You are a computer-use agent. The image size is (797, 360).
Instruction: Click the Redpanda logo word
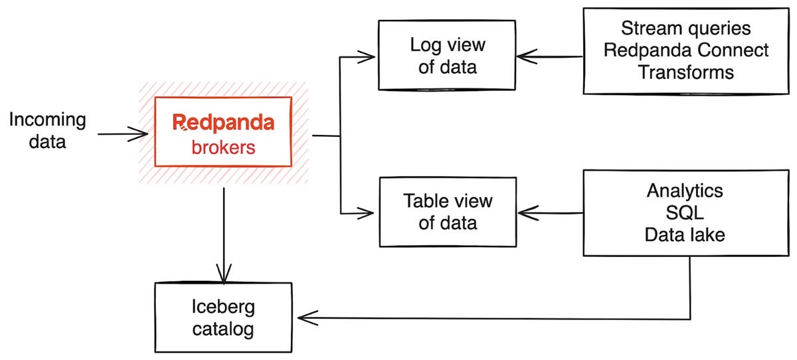point(222,122)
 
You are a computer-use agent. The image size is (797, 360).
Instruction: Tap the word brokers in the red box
point(223,148)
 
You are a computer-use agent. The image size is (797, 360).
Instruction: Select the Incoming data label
point(47,130)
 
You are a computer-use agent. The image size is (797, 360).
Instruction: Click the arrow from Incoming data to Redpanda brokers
point(123,134)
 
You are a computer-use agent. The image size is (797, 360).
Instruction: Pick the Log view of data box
point(447,56)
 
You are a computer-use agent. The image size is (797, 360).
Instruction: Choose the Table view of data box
point(447,211)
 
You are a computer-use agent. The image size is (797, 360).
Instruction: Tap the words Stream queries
point(686,29)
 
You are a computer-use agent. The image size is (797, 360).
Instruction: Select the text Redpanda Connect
point(686,50)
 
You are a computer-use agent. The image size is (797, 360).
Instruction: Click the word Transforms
point(686,72)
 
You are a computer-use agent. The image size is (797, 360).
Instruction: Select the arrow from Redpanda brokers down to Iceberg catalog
point(224,232)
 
